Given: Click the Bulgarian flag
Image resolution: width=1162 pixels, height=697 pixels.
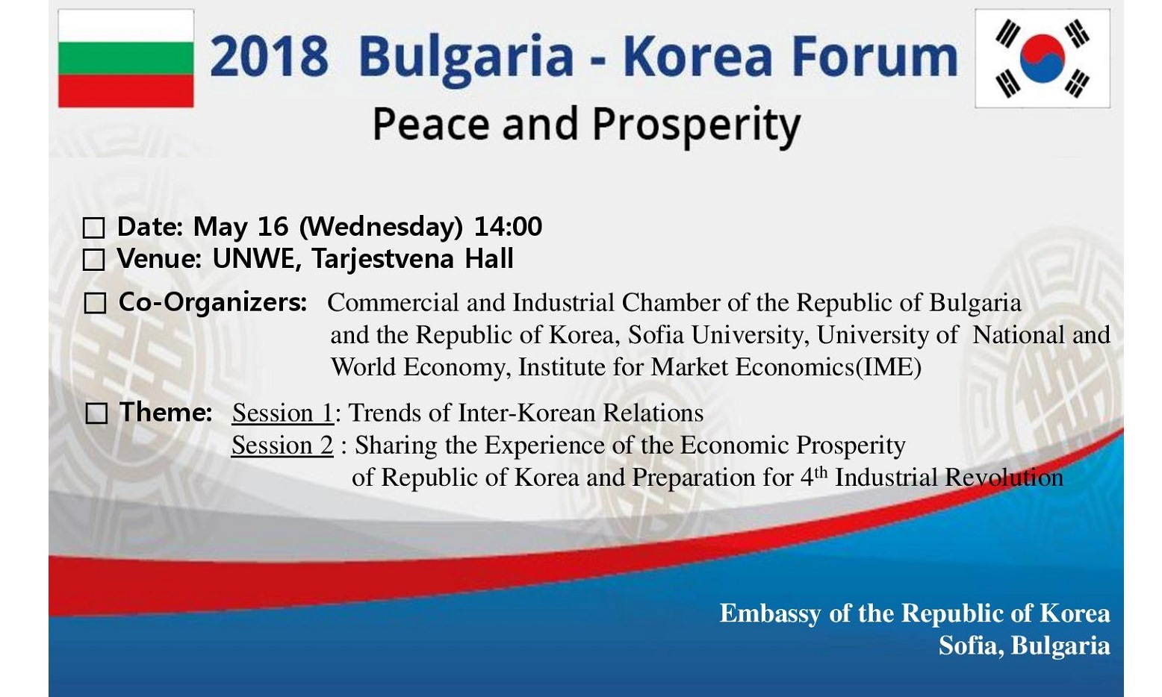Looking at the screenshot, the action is coord(125,58).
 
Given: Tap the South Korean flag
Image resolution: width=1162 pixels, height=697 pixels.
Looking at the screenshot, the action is coord(1043,58).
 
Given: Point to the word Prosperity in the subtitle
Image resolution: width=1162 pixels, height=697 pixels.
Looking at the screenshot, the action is coord(696,126).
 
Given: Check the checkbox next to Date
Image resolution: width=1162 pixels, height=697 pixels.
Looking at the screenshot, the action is coord(93,228).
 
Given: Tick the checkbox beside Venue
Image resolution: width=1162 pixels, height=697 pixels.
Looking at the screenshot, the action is coord(93,260).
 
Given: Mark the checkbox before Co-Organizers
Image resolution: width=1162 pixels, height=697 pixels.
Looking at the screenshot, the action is coord(95,303).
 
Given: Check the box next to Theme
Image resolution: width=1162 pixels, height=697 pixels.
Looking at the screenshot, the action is coord(96,413).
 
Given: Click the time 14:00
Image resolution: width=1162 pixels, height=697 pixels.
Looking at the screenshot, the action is coord(509,226).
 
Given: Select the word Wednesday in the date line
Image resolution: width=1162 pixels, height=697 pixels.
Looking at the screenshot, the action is coord(381,227).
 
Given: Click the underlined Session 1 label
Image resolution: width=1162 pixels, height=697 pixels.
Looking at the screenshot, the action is coord(283,413).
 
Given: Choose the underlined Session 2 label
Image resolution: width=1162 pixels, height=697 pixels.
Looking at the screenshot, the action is coord(282,446).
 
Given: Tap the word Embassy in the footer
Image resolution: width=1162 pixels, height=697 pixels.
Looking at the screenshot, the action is coord(771,614).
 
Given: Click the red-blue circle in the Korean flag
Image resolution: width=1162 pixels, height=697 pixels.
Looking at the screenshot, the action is coord(1043,58).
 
